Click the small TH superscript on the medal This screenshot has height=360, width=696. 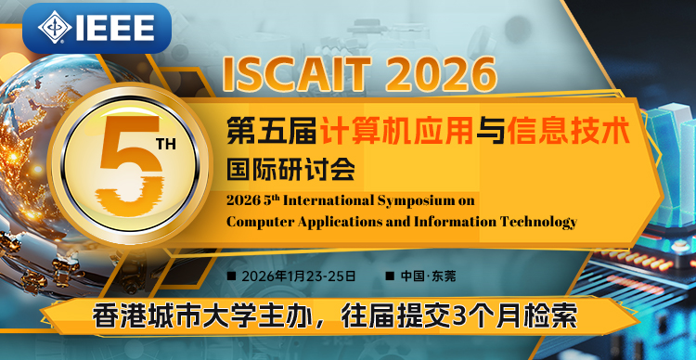point(164,145)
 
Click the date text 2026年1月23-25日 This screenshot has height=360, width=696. point(298,276)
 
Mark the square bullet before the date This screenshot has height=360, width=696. point(231,277)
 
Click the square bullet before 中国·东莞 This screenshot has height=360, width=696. point(389,277)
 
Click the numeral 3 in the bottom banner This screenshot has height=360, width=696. point(456,315)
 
